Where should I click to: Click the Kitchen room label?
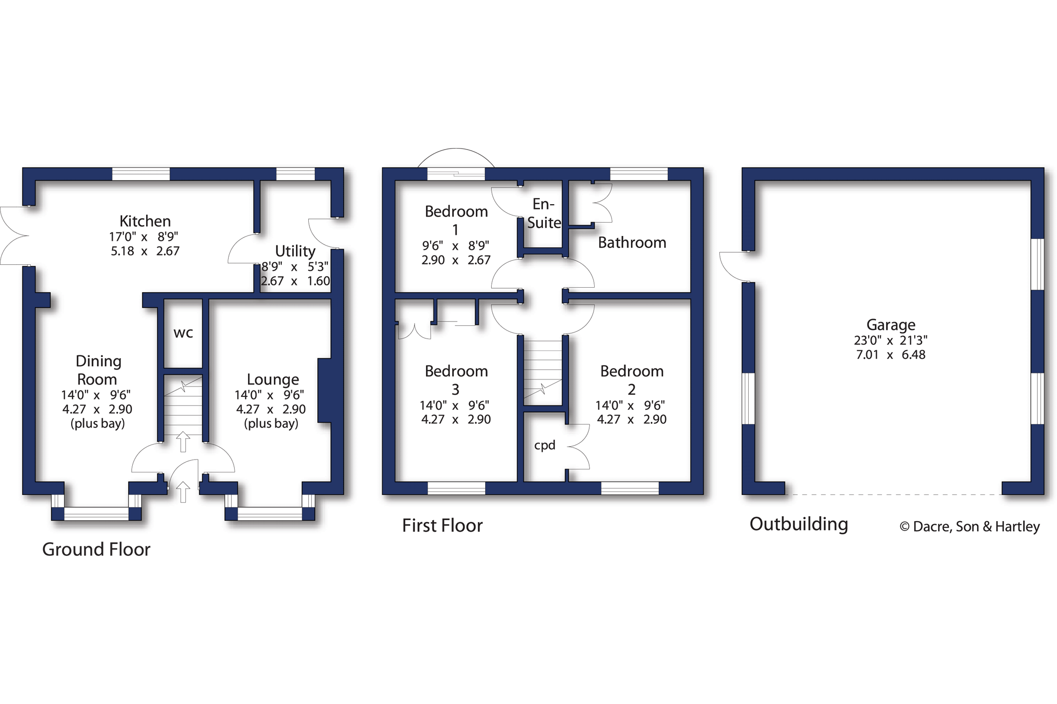pos(145,221)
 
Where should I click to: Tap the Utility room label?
pos(295,251)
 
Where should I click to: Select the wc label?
pos(183,333)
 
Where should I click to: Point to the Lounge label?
pos(272,380)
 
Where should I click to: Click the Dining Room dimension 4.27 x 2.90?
pos(97,409)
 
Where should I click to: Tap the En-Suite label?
pos(543,213)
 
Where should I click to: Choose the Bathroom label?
pos(631,242)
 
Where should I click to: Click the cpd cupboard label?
pos(544,445)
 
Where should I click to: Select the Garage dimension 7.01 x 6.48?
pos(890,355)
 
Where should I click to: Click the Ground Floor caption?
pos(96,549)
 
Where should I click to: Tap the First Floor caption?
pos(442,526)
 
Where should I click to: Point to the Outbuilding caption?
pos(798,524)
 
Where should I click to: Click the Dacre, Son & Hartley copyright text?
pos(969,527)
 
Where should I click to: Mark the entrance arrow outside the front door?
pos(183,492)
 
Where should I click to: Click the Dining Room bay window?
pos(96,513)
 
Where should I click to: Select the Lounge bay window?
pos(269,513)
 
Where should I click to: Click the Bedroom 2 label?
pos(631,380)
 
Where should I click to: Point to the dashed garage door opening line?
pos(893,494)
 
